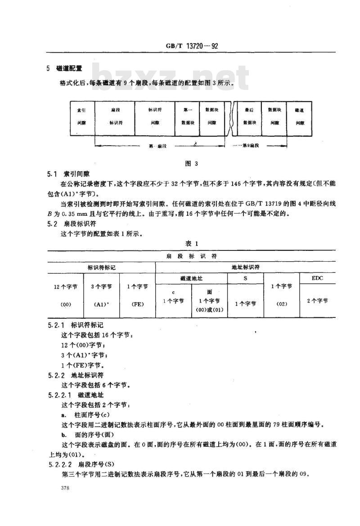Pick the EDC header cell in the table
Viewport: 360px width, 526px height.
pyautogui.click(x=317, y=278)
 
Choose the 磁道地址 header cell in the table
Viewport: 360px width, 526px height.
pyautogui.click(x=191, y=279)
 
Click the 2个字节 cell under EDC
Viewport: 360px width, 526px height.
pyautogui.click(x=317, y=301)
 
